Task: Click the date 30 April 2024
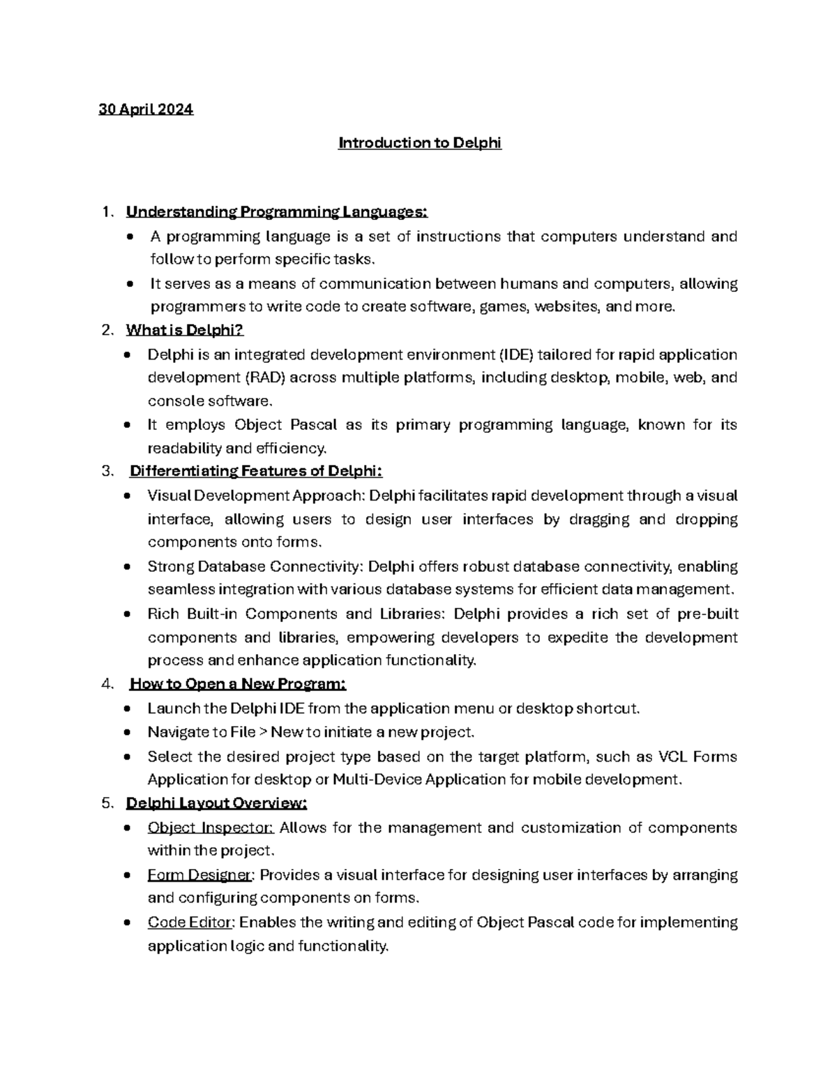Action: [146, 110]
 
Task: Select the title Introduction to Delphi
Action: [419, 143]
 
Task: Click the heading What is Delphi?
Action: [184, 330]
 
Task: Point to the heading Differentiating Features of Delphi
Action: [256, 471]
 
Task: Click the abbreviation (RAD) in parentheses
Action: [264, 378]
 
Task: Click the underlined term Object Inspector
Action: [211, 828]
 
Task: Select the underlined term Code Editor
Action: [191, 922]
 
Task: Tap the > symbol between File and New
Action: [262, 732]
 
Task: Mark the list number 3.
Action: [106, 471]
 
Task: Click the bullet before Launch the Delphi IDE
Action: [126, 709]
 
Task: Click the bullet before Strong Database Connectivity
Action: [126, 567]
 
